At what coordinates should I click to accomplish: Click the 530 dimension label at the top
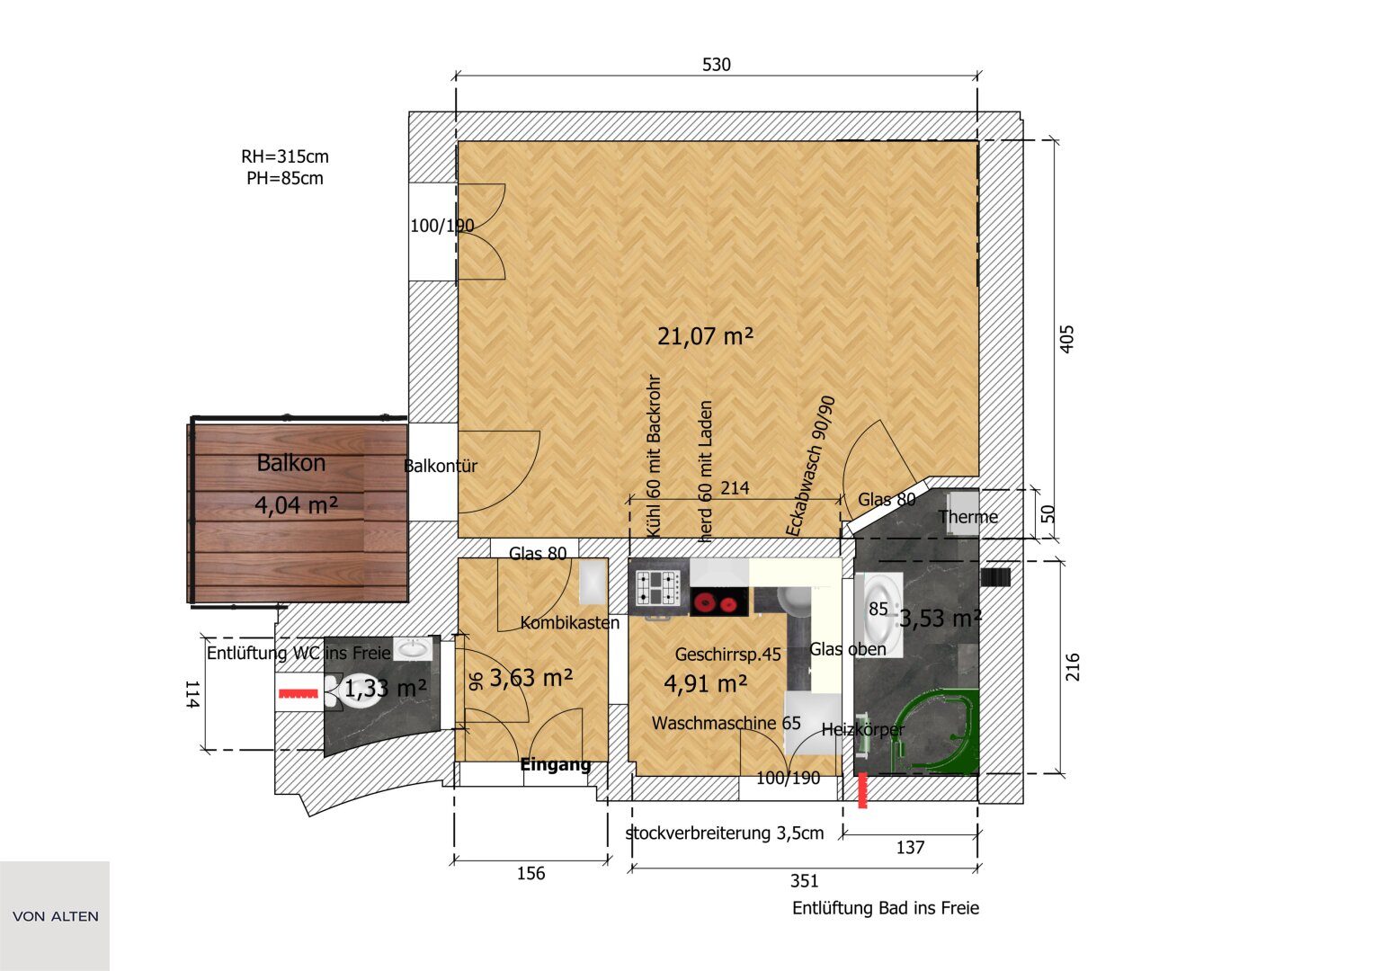[716, 65]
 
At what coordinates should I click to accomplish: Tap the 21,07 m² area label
[705, 336]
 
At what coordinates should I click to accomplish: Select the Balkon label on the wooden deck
[291, 463]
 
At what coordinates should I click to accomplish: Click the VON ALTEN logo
[55, 916]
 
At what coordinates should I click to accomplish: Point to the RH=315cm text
[285, 156]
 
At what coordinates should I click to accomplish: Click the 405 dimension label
[1067, 339]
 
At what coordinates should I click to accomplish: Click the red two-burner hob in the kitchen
[719, 602]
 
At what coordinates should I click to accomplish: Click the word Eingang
[556, 764]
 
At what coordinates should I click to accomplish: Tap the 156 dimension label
[530, 873]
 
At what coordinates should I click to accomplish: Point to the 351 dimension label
[804, 881]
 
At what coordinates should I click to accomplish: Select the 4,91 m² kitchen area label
[706, 683]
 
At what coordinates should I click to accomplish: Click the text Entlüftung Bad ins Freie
[886, 908]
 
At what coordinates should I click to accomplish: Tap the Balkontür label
[440, 466]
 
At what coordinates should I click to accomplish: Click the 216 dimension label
[1072, 667]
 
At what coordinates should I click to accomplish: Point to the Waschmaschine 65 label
[727, 724]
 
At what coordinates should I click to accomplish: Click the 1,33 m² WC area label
[386, 689]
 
